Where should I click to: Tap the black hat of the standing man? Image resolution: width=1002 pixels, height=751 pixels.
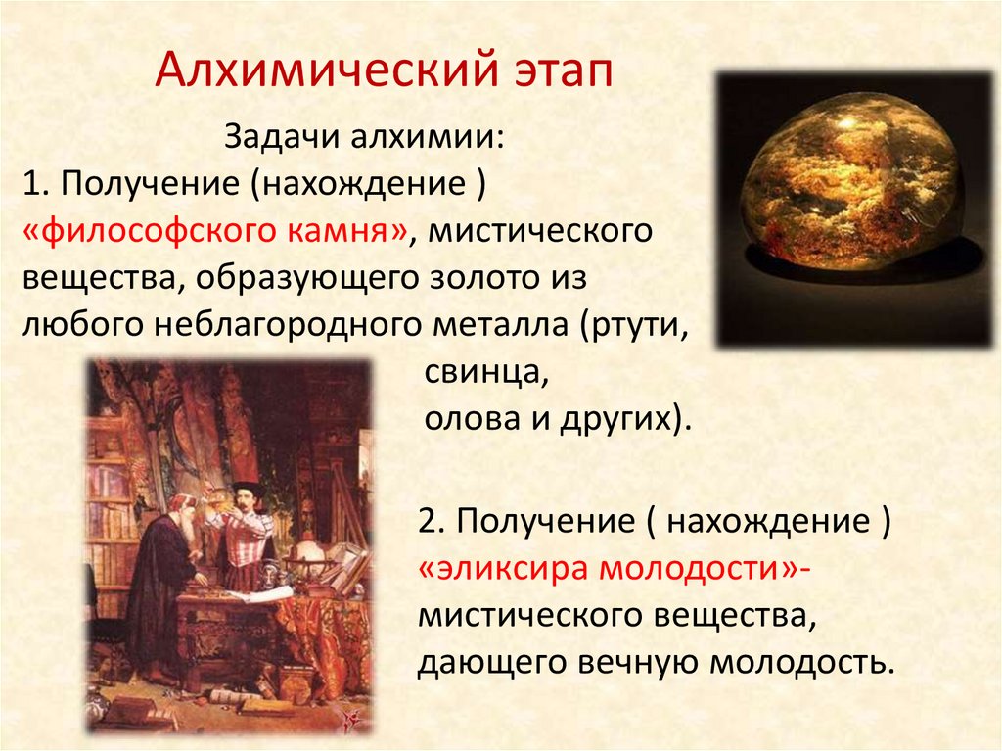pos(247,488)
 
